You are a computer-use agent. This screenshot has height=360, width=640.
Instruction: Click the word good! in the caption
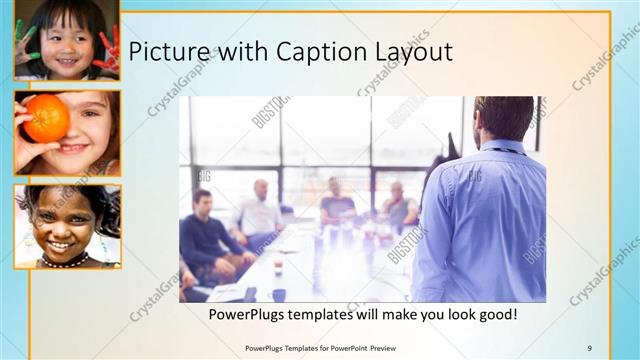click(x=494, y=314)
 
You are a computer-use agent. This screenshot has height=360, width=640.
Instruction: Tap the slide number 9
click(x=590, y=347)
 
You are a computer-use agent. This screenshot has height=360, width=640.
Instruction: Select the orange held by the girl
click(x=46, y=119)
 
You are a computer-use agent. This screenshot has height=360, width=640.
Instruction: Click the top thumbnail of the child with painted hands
click(x=66, y=40)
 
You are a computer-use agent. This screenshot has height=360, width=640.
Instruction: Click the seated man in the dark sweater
click(x=205, y=235)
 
